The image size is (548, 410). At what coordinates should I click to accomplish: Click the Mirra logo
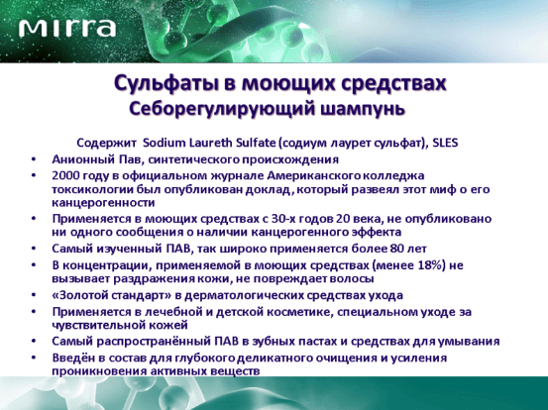67,28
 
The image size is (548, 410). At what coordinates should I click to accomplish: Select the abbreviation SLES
445,143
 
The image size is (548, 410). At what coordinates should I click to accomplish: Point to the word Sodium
164,143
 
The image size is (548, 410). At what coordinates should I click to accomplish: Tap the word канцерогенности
103,203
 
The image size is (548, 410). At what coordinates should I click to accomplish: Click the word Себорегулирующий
222,109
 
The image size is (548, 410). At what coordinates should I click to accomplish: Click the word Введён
72,358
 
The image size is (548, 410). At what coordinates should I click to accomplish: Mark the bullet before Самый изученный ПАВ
34,249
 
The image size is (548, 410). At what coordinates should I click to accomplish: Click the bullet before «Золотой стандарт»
34,295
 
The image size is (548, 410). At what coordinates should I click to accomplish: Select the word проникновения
99,371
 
